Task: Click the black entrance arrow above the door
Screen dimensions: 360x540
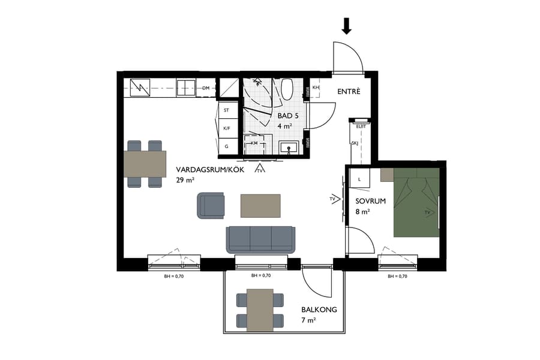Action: [347, 26]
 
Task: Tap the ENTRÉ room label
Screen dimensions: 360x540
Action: [349, 92]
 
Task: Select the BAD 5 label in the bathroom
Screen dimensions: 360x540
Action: [288, 115]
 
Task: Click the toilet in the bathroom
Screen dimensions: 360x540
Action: [287, 89]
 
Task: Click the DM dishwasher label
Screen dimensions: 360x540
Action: [206, 89]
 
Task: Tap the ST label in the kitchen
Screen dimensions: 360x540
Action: [227, 110]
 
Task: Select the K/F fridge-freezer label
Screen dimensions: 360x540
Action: [227, 128]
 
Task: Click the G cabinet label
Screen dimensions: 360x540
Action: [227, 146]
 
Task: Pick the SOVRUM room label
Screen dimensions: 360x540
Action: [370, 202]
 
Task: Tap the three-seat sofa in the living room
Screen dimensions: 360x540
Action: [260, 239]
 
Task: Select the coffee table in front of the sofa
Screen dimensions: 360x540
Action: [260, 205]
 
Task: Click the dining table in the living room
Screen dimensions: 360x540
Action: [145, 164]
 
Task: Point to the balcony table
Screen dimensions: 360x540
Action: [259, 308]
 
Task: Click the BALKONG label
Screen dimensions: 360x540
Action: [319, 310]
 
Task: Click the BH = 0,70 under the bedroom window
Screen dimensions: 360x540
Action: [398, 277]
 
